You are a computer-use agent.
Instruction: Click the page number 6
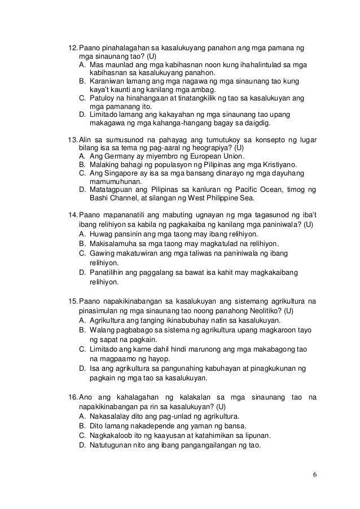[314, 473]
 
